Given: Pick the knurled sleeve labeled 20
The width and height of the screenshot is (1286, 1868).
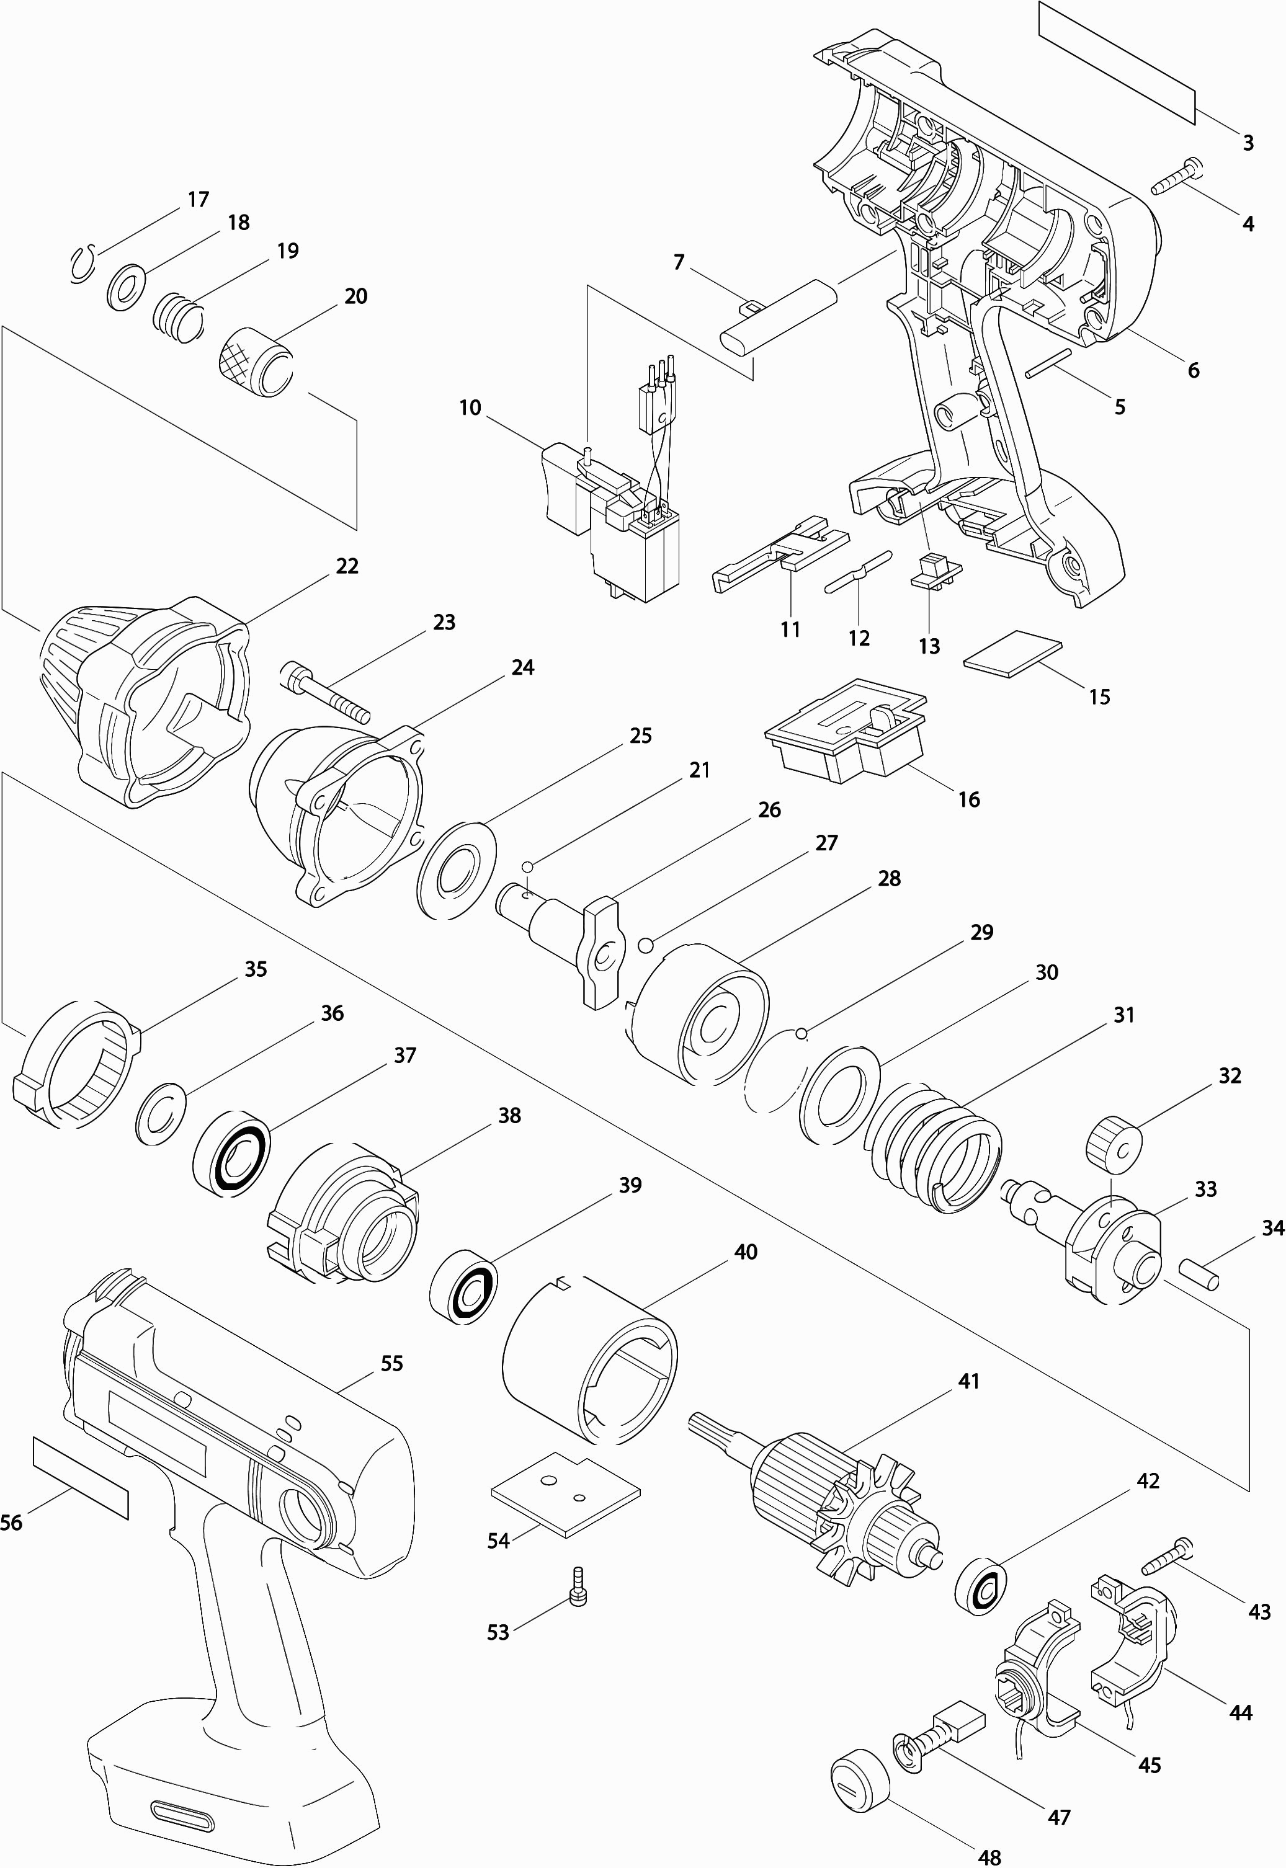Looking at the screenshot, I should pyautogui.click(x=256, y=362).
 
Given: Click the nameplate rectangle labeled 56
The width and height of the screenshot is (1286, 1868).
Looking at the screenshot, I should pyautogui.click(x=81, y=1477).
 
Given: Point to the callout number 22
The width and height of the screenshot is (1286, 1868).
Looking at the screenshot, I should pyautogui.click(x=347, y=566).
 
